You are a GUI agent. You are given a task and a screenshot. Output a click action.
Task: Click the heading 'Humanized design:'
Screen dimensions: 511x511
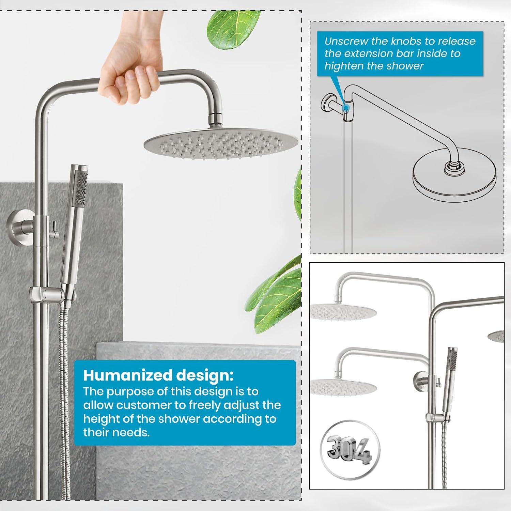[x=158, y=375]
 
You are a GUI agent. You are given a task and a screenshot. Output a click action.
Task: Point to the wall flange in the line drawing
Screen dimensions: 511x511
[x=328, y=105]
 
